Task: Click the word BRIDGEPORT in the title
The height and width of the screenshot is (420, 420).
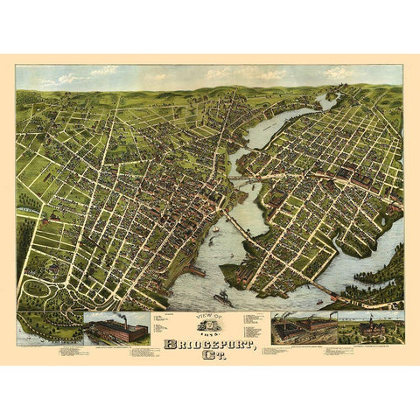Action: (x=210, y=330)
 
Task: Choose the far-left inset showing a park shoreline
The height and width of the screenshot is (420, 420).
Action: (x=50, y=327)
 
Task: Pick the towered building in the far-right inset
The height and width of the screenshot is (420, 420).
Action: (x=370, y=326)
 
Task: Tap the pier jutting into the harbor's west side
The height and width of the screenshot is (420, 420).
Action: (x=194, y=271)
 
